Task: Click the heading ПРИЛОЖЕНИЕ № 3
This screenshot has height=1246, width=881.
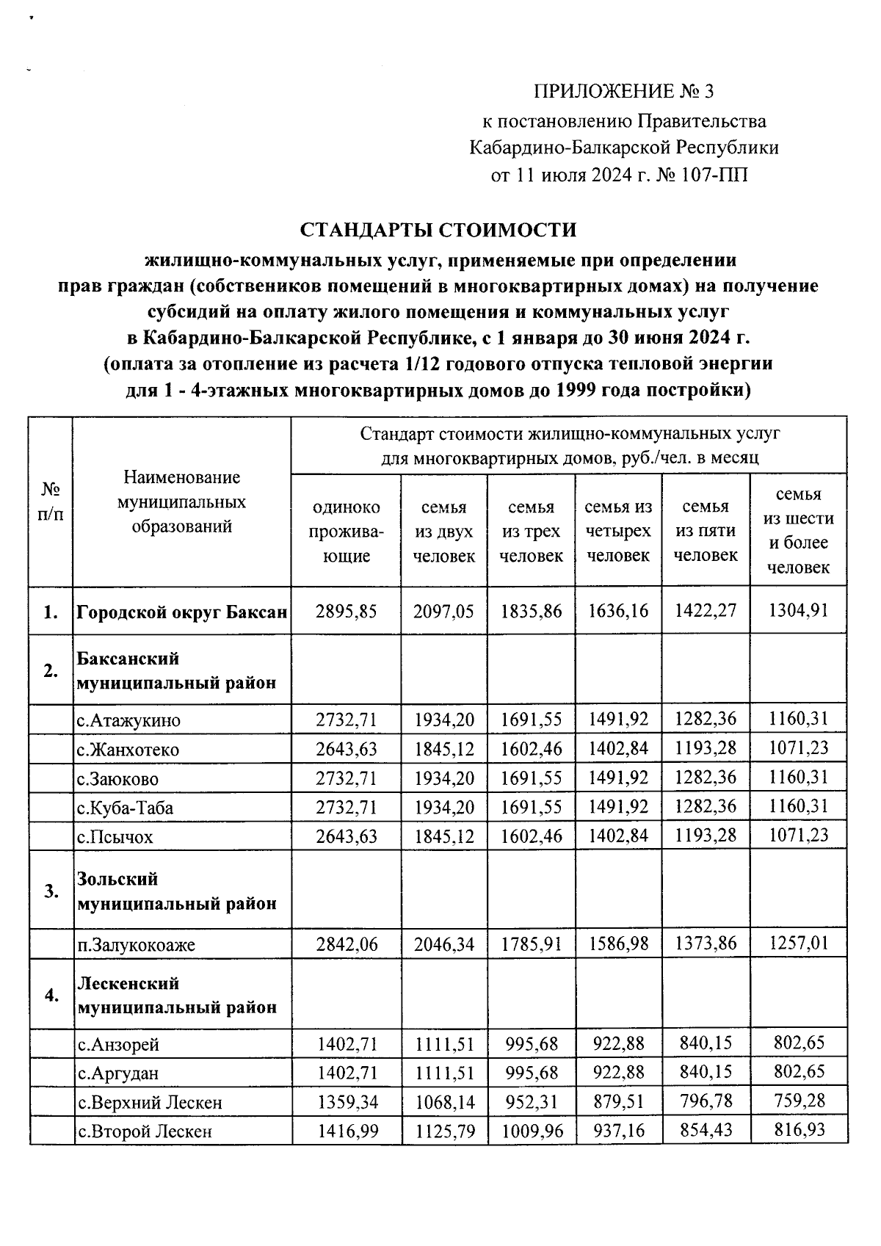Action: tap(623, 92)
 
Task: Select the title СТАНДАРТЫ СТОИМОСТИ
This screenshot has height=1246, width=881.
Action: tap(438, 230)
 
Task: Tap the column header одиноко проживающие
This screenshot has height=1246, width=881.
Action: tap(347, 531)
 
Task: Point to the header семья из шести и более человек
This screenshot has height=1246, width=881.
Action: tap(798, 531)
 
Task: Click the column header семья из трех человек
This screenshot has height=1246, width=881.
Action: tap(531, 531)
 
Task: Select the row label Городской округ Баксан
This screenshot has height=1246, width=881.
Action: tap(181, 611)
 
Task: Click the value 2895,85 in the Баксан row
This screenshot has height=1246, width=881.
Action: tap(347, 611)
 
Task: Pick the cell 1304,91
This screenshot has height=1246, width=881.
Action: tap(798, 611)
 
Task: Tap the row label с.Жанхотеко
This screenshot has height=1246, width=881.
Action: tap(128, 750)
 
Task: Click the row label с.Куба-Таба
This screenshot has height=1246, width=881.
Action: tap(126, 808)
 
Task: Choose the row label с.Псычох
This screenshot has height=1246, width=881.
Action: tap(115, 837)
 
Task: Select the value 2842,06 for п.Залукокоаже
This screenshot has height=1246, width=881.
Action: tap(347, 944)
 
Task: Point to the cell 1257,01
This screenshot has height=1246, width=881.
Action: tap(798, 944)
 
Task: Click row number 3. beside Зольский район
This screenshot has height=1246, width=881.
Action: tap(51, 891)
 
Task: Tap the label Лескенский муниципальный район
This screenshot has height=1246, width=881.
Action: tap(177, 995)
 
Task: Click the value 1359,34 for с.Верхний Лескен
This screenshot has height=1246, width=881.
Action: tap(347, 1102)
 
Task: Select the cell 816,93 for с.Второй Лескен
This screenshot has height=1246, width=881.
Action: tap(798, 1131)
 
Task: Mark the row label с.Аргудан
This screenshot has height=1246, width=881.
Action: tap(118, 1073)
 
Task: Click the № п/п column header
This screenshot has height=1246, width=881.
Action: tap(51, 501)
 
